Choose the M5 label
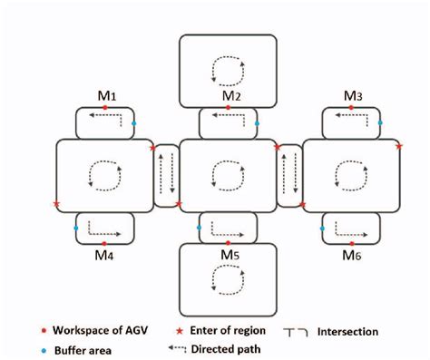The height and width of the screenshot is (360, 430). [x=230, y=257]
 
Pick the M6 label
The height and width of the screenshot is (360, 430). [x=354, y=257]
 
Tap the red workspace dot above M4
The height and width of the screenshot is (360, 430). [x=105, y=244]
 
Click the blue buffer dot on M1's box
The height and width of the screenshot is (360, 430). [x=134, y=122]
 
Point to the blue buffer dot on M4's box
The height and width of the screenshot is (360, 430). [x=76, y=228]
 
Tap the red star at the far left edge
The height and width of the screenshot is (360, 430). [x=56, y=204]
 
